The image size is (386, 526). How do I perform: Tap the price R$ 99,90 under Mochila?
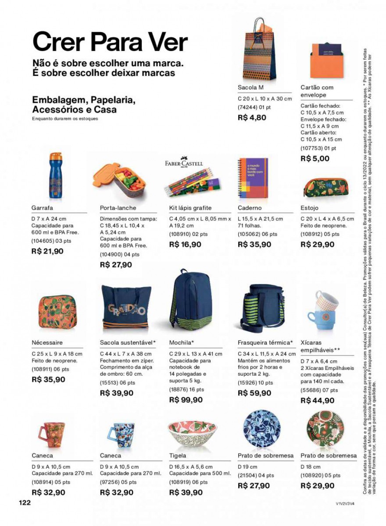click(x=186, y=400)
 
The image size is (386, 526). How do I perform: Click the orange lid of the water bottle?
click(x=55, y=157)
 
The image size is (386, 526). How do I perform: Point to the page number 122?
click(x=25, y=503)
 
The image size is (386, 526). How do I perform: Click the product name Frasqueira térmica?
click(x=264, y=342)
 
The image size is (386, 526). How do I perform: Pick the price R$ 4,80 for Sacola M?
click(x=252, y=117)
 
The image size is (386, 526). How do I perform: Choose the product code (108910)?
click(x=180, y=235)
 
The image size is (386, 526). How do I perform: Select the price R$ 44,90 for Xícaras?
click(x=318, y=400)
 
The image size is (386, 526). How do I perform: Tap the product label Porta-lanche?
click(x=118, y=208)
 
